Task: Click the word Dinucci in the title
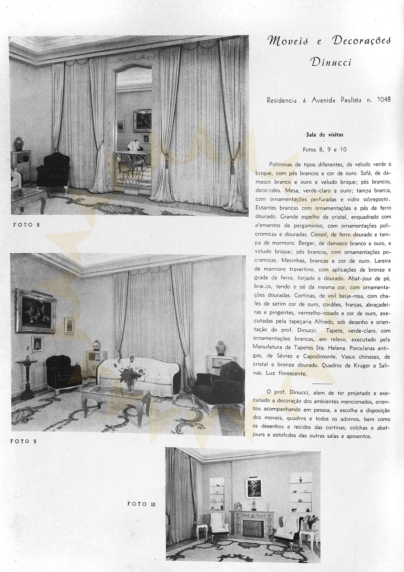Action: (331, 62)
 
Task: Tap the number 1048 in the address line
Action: (383, 100)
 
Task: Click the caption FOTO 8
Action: (26, 225)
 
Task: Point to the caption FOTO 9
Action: (23, 441)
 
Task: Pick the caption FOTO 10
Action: (141, 504)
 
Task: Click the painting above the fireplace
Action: (254, 488)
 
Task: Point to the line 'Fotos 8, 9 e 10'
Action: (325, 150)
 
